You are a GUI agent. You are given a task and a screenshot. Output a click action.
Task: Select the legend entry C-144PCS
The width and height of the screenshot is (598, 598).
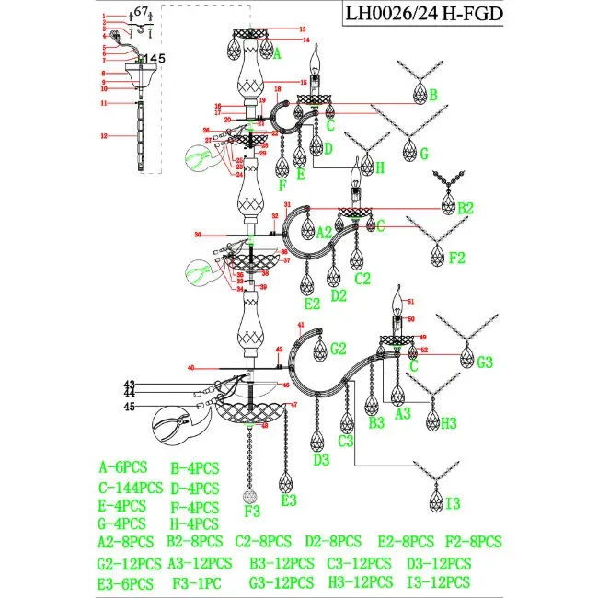(x=130, y=488)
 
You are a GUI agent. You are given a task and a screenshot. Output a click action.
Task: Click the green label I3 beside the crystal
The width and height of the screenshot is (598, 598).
(x=454, y=504)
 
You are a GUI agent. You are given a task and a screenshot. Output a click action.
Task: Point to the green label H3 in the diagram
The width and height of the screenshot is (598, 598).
(x=447, y=423)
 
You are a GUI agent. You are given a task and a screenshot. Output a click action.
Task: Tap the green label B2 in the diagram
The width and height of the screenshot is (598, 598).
(x=466, y=208)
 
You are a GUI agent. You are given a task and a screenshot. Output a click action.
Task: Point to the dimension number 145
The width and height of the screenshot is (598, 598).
(x=153, y=58)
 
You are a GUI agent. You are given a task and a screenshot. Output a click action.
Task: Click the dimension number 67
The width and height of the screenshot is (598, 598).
(x=141, y=11)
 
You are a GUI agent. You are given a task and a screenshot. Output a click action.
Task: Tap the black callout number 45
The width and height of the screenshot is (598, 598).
(x=130, y=407)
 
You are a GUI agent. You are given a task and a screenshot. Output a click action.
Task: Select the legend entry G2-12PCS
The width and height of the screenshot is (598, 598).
(x=129, y=563)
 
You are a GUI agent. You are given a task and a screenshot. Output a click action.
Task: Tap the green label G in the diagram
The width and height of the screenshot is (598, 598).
(x=425, y=154)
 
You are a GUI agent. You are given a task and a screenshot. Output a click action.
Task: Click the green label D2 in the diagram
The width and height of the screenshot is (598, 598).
(x=339, y=295)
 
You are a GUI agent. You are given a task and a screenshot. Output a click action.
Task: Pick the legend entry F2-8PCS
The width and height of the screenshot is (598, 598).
(x=473, y=541)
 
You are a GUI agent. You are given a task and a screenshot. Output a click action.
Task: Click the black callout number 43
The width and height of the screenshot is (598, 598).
(x=130, y=385)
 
